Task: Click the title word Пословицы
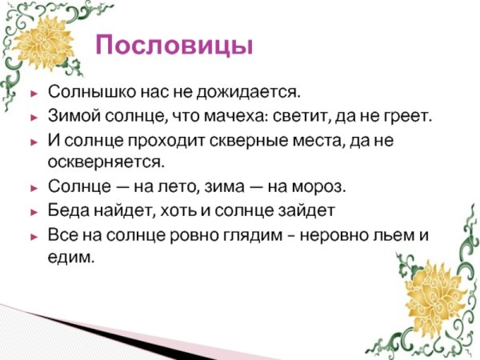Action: [x=174, y=44]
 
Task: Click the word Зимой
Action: [x=70, y=117]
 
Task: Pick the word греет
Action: [x=409, y=117]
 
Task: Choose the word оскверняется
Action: [x=106, y=162]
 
